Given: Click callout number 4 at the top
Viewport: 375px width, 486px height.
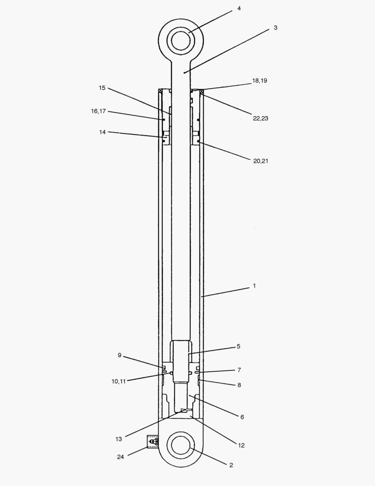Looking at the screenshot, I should click(x=239, y=8).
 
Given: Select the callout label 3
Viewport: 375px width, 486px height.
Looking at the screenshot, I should click(x=275, y=28).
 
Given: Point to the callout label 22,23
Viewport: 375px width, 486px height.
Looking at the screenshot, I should click(x=261, y=118).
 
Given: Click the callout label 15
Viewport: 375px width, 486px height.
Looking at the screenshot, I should click(x=102, y=88).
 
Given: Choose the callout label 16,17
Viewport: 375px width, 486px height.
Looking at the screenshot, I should click(x=98, y=111).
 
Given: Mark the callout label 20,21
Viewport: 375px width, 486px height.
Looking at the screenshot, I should click(x=261, y=161).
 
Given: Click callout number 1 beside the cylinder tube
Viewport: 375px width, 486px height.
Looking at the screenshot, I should click(x=254, y=286).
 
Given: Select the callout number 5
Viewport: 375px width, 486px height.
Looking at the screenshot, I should click(x=238, y=346).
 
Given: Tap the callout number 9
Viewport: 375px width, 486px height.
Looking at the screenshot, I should click(x=119, y=355).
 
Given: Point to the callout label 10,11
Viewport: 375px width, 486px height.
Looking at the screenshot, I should click(x=119, y=381).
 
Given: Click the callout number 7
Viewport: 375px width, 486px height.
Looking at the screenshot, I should click(x=239, y=370).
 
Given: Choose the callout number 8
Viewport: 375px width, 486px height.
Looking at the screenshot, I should click(x=239, y=385).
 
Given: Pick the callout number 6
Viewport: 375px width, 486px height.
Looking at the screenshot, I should click(x=242, y=417).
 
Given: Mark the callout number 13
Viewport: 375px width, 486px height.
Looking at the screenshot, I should click(x=119, y=439).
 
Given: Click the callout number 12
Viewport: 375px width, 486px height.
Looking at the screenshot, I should click(x=241, y=445).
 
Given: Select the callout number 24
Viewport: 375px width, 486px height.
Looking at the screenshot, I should click(x=120, y=457).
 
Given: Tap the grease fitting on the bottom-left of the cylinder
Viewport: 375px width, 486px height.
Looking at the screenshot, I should click(x=153, y=442).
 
